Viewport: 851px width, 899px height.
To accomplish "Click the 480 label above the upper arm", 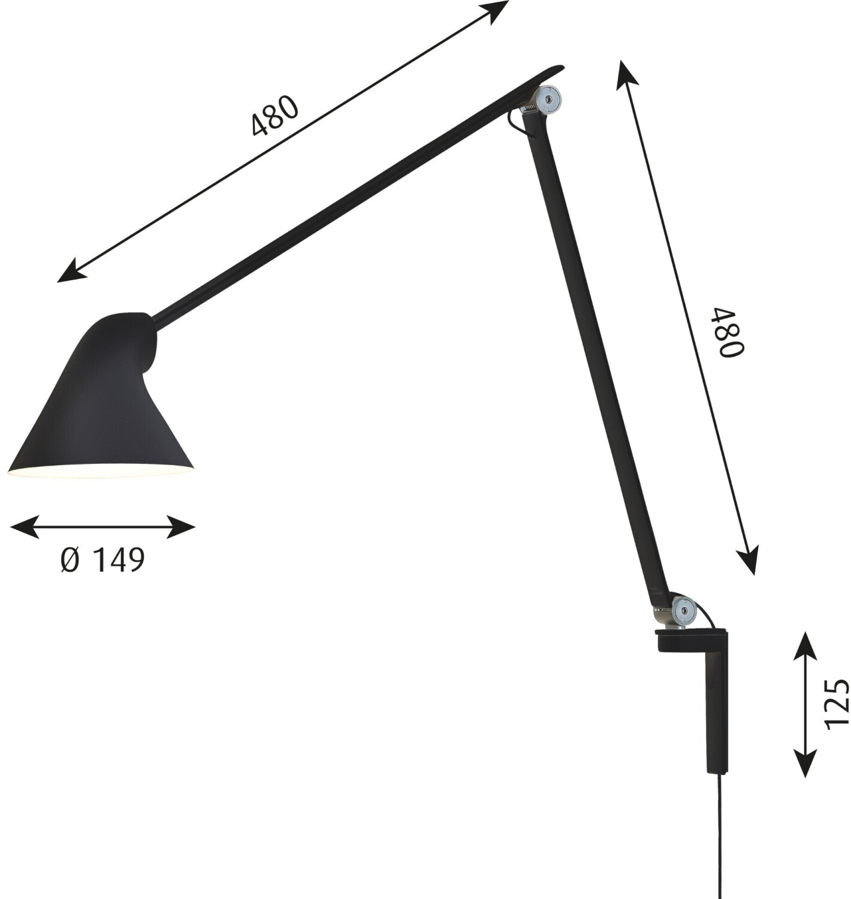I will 274,116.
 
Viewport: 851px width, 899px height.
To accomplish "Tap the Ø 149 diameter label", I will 102,560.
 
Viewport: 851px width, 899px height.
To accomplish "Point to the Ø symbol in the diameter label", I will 70,560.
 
